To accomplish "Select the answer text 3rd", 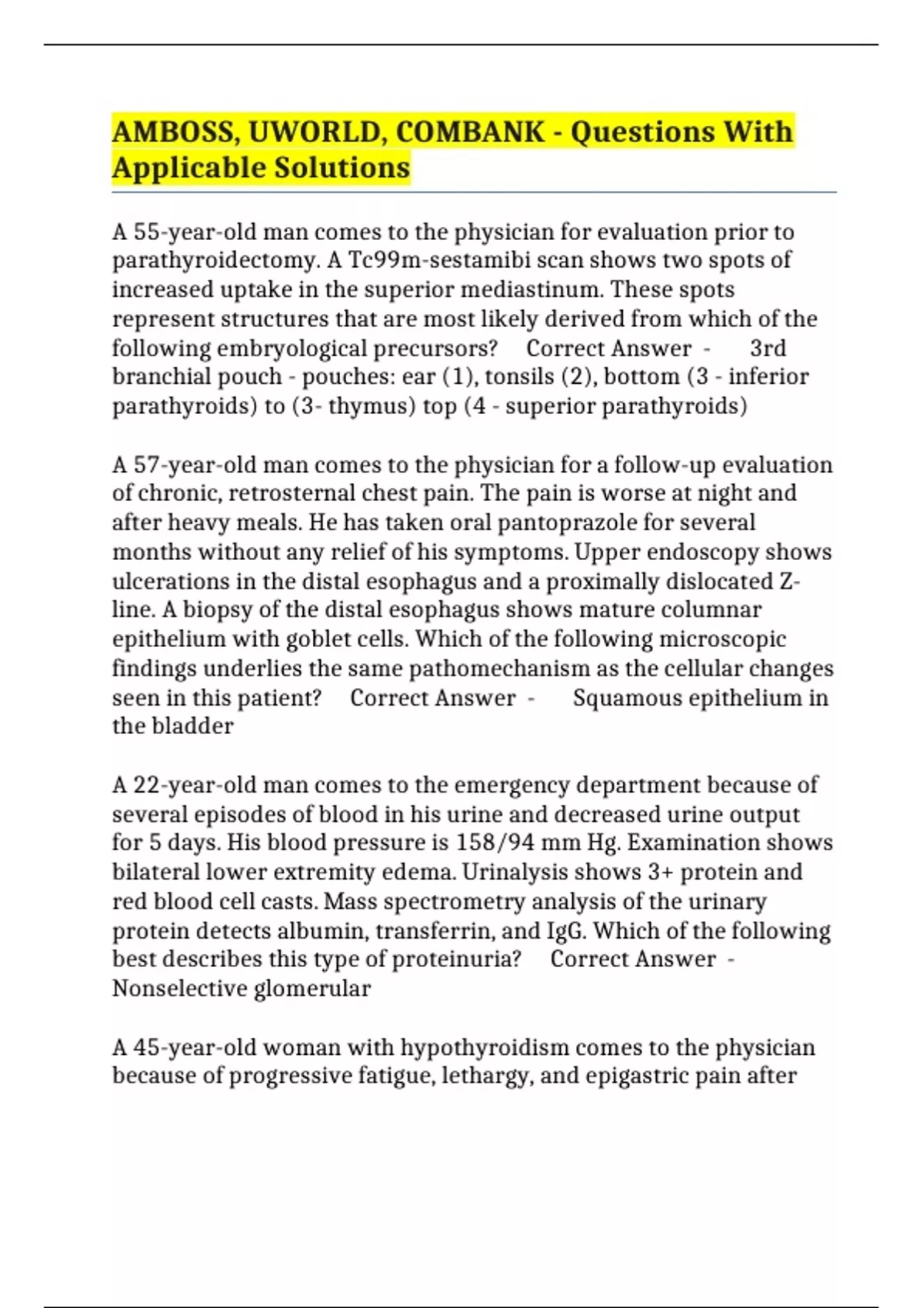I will click(768, 348).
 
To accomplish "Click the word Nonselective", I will click(179, 988).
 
